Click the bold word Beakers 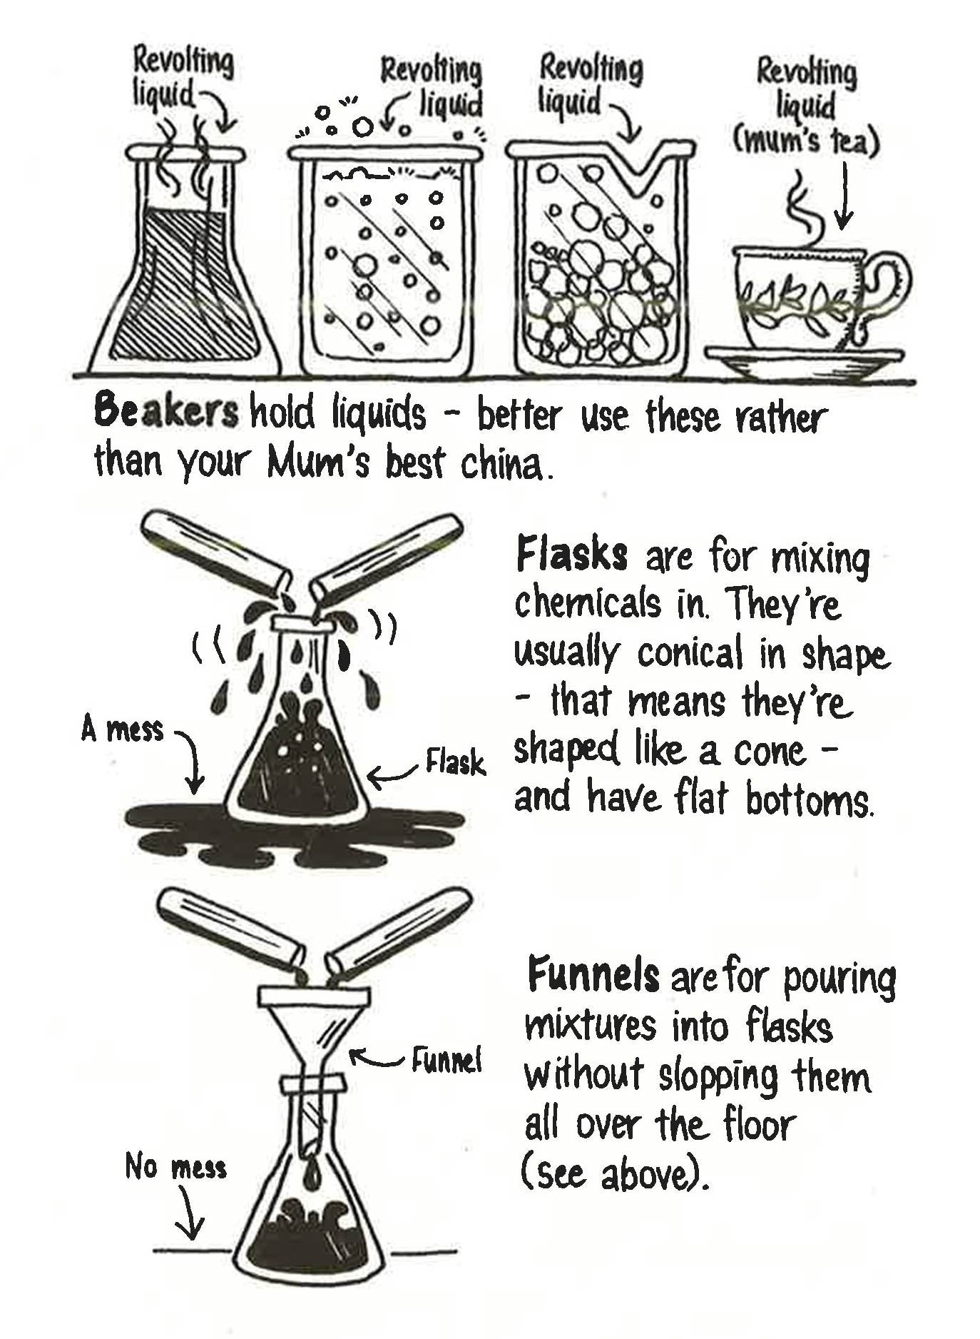pyautogui.click(x=165, y=412)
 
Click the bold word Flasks pyautogui.click(x=571, y=556)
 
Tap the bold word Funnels pyautogui.click(x=593, y=976)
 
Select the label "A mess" pyautogui.click(x=123, y=730)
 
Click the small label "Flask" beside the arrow pyautogui.click(x=455, y=762)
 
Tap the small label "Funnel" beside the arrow pyautogui.click(x=446, y=1061)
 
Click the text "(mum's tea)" pyautogui.click(x=806, y=142)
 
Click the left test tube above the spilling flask pyautogui.click(x=214, y=550)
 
